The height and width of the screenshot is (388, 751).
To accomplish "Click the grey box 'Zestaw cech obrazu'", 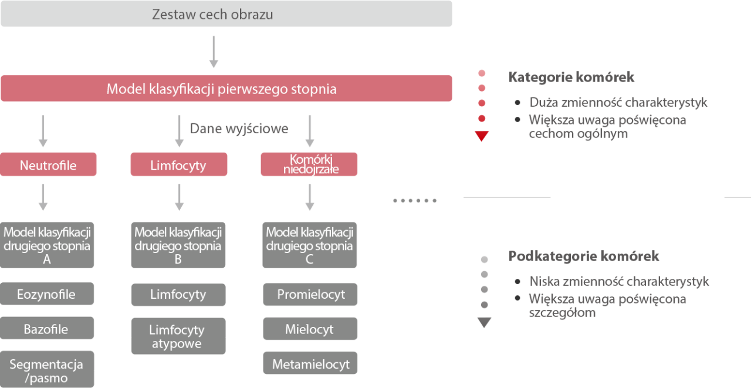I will coord(226,14).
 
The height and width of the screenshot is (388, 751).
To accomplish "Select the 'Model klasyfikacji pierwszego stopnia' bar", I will coord(226,89).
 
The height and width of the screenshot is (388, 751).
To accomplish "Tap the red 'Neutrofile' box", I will coord(48,165).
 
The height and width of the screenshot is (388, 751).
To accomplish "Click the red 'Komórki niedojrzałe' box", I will coord(309,165).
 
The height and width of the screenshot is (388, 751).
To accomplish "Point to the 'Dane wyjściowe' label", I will coord(239,129).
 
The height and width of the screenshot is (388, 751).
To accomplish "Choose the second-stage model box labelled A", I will coord(47,245).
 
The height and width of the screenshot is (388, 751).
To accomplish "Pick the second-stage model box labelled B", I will coord(178,245).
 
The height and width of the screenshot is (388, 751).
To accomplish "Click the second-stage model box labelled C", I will coord(309,245).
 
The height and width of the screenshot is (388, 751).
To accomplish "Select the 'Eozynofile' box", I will coord(47,294).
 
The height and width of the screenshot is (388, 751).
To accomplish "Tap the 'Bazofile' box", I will coord(47,329).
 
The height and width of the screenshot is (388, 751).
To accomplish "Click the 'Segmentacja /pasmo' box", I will coord(47,370).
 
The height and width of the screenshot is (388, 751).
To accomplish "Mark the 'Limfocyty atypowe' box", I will coord(178,336).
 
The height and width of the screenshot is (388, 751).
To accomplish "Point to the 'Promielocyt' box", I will coord(310,294).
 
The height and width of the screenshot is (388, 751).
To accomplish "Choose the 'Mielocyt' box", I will coord(310,329).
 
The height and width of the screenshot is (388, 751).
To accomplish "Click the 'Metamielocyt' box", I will coord(310,364).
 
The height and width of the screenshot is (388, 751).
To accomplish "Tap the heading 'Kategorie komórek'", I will coord(571,77).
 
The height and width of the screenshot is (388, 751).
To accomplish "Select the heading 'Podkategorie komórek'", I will coord(583,257).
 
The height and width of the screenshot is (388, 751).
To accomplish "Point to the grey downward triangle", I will coord(484,322).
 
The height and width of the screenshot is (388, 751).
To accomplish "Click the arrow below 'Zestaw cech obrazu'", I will coord(214,52).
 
